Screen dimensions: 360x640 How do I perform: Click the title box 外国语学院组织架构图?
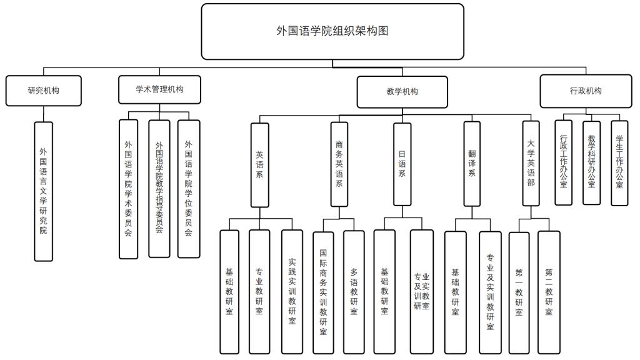pos(332,31)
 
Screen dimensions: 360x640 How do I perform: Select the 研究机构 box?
pos(44,91)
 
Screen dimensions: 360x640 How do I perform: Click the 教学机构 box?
pos(402,92)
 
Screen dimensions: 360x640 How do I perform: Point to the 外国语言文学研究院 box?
pos(43,191)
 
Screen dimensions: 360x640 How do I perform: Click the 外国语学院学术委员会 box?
pos(128,189)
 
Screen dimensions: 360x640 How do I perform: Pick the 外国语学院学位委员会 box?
pos(189,189)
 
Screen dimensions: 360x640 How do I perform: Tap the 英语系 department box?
pos(259,165)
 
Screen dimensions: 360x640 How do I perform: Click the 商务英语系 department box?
pos(339,165)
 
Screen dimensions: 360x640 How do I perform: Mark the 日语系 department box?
pos(402,165)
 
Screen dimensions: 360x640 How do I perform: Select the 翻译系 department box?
pos(472,165)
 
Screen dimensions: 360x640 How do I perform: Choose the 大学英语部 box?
pos(531,165)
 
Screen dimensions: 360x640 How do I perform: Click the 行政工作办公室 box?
pos(563,162)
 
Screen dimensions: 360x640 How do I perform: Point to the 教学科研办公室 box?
pos(591,162)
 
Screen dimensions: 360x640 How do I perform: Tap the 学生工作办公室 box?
pos(619,162)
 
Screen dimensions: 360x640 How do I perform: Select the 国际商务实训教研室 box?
pos(323,292)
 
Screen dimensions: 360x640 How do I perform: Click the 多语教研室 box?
pos(354,292)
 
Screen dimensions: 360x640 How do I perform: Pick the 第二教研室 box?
pos(549,292)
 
